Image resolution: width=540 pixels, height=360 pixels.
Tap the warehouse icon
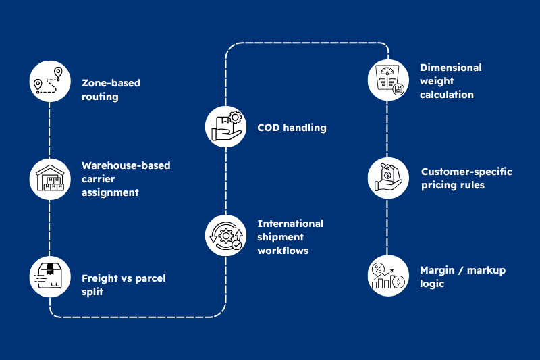[50, 178]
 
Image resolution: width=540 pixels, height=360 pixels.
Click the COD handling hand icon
[225, 126]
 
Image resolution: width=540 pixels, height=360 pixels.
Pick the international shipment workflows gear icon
[225, 235]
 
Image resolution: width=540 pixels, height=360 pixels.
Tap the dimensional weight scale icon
[387, 80]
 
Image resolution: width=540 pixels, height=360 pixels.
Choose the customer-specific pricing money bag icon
[387, 178]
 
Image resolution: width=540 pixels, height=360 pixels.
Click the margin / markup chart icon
[387, 276]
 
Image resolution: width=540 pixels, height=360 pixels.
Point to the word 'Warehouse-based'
[126, 165]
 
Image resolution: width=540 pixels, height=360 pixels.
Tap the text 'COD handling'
[292, 128]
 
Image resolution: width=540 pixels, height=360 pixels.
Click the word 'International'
[290, 224]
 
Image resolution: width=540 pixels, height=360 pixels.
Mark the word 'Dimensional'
[451, 68]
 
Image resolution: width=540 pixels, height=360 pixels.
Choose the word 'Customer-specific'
[466, 172]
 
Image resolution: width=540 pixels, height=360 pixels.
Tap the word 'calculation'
[447, 95]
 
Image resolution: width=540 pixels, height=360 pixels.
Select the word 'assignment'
[110, 192]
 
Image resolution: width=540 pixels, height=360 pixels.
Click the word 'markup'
[485, 271]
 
